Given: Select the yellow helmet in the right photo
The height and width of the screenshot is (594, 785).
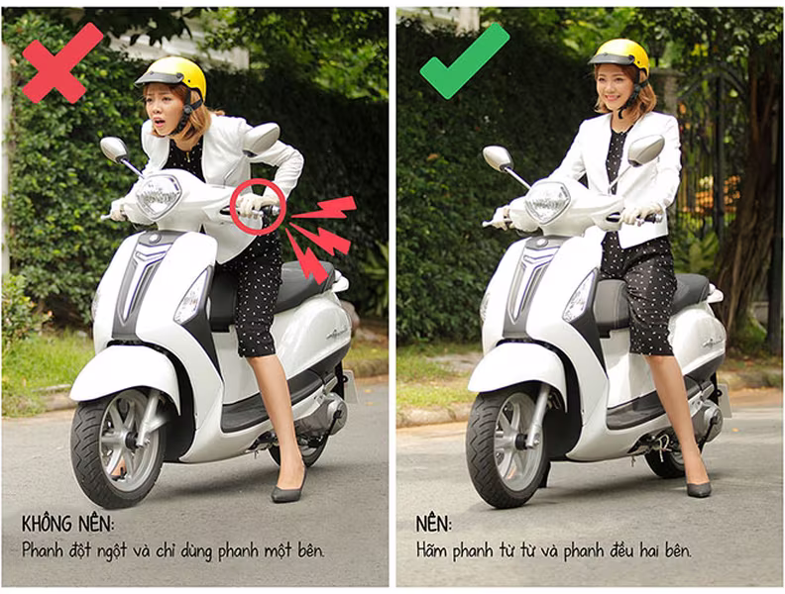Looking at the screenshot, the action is pyautogui.click(x=620, y=56).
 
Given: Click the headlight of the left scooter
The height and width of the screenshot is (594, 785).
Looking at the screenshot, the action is pyautogui.click(x=159, y=196).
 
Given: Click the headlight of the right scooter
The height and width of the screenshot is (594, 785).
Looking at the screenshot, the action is pyautogui.click(x=547, y=201).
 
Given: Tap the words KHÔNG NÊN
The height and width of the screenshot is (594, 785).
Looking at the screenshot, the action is pyautogui.click(x=67, y=524).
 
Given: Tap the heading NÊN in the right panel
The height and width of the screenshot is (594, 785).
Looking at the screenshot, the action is pyautogui.click(x=433, y=524).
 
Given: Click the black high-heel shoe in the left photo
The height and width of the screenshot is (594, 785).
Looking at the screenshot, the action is pyautogui.click(x=288, y=486).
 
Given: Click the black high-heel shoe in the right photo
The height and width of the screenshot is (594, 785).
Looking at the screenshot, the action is pyautogui.click(x=698, y=484).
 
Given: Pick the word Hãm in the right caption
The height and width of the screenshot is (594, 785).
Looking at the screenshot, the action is pyautogui.click(x=433, y=550).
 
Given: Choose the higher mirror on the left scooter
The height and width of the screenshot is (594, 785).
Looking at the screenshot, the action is pyautogui.click(x=261, y=139).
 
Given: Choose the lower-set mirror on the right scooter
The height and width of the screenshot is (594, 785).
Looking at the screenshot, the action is pyautogui.click(x=498, y=157).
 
